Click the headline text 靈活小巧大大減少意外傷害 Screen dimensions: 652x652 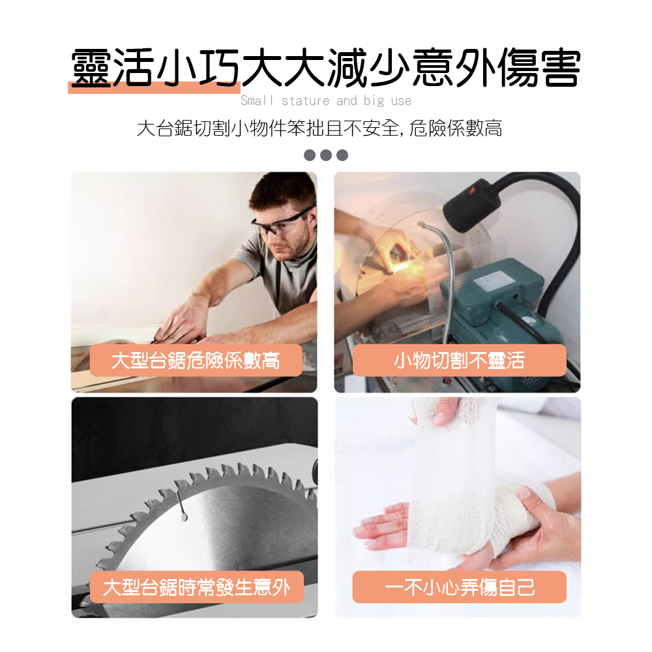(325, 67)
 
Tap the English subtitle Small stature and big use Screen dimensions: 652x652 (325, 101)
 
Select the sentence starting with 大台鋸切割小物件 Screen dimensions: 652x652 (319, 128)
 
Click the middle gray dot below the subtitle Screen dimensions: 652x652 (326, 155)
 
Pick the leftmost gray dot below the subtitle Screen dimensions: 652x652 (310, 155)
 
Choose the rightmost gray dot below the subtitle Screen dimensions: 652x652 (342, 155)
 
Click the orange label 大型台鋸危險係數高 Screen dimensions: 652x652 (196, 360)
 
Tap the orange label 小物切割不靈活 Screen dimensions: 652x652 (459, 360)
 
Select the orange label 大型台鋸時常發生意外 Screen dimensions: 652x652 (196, 587)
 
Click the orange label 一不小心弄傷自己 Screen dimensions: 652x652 (459, 587)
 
